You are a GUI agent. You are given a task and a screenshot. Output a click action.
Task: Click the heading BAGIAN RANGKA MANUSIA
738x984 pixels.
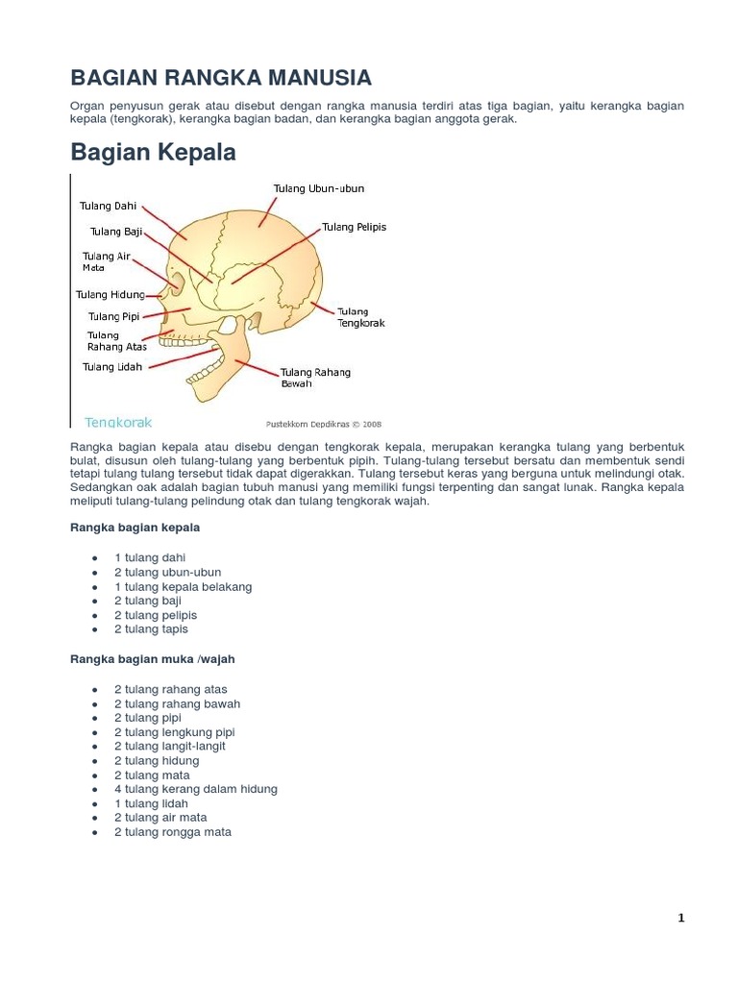(221, 77)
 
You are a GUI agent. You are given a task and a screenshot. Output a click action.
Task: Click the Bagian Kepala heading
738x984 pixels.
(154, 153)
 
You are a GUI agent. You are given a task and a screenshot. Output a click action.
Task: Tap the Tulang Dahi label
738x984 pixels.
(108, 206)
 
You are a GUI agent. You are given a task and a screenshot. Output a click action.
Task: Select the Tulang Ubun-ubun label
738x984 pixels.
(319, 189)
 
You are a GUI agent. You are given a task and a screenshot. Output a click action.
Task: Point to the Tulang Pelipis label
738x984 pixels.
(354, 228)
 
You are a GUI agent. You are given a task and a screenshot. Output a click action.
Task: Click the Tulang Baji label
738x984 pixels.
(116, 232)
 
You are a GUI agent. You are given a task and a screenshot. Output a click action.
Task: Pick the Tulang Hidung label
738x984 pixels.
(111, 295)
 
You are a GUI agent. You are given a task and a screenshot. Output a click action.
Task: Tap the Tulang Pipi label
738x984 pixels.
(114, 316)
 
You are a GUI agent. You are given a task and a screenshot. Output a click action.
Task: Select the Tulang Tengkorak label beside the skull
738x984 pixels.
(360, 317)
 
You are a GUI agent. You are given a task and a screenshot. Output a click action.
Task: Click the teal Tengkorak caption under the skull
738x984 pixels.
(118, 422)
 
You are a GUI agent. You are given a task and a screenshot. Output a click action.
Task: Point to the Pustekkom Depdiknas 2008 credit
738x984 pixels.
(323, 423)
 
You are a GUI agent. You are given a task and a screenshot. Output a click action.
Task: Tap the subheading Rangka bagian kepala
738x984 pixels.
(135, 528)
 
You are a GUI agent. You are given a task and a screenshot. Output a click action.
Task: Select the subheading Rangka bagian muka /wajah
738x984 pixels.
(153, 659)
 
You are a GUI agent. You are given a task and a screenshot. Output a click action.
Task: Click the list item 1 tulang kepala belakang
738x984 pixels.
(183, 586)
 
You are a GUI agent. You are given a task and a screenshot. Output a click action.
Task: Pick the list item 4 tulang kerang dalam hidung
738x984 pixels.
(195, 789)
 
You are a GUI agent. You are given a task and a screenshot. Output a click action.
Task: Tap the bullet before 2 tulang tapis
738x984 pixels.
(94, 629)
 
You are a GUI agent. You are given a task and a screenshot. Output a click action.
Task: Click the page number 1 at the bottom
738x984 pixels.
(680, 918)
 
